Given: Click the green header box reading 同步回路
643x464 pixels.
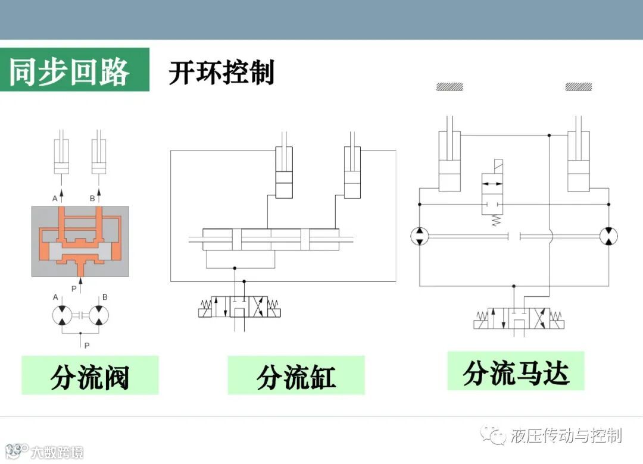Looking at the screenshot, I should point(74,71).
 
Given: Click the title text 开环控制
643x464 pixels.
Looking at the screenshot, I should point(221,73).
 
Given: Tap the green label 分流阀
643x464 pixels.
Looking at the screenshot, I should point(90,376).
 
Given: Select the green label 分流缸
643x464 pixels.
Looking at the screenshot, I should point(296,376).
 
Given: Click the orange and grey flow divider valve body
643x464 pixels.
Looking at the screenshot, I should point(80,241).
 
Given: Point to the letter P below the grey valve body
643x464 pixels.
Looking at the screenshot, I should point(74,289).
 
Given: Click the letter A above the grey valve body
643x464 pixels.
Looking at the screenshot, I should point(55,198).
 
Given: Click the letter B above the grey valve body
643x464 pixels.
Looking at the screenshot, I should point(92,198).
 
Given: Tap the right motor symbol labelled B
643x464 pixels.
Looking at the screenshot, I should point(99,315).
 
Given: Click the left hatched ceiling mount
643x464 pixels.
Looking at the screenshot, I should point(450,87).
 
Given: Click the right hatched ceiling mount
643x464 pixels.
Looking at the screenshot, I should point(579,87).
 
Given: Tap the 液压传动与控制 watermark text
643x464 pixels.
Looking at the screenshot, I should point(566,436).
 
